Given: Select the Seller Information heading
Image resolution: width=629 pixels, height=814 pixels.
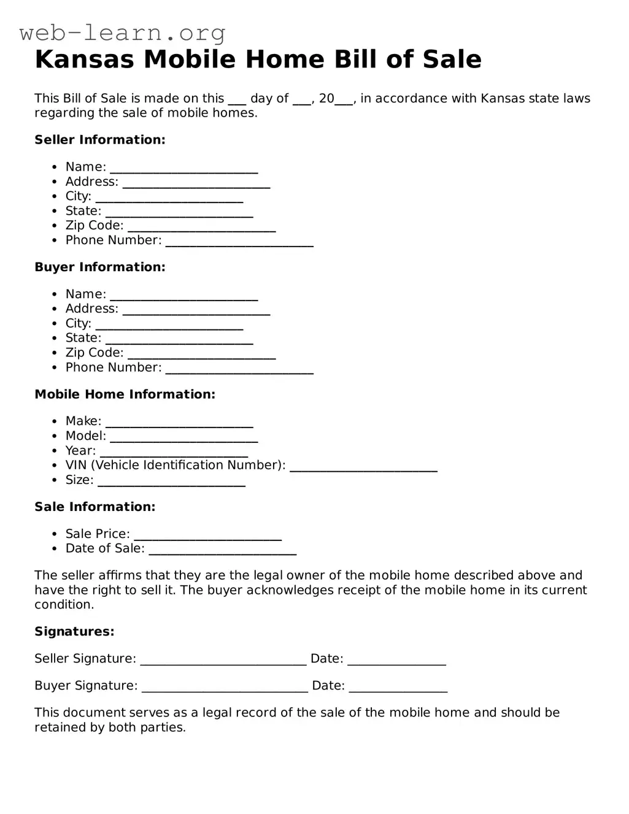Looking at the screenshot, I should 100,140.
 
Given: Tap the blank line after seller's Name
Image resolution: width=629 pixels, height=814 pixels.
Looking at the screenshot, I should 184,168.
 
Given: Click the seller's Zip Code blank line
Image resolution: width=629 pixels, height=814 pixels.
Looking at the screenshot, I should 202,227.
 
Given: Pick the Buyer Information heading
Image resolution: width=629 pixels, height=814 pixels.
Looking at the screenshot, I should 100,267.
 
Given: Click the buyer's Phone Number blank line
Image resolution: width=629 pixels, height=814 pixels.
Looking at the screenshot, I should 239,369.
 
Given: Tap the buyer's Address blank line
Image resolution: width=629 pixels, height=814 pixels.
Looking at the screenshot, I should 196,310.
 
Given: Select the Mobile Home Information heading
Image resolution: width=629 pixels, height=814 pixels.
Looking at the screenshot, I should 125,394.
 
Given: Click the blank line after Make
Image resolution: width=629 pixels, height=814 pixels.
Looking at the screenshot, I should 179,422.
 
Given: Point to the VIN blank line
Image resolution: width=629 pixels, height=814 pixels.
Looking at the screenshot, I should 363,466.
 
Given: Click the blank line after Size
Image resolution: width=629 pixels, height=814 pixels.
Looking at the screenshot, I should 172,481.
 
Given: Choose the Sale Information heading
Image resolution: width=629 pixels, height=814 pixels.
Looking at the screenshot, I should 95,507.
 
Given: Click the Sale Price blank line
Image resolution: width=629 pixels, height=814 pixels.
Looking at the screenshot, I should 208,535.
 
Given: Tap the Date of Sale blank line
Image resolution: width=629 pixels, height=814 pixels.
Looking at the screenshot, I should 223,550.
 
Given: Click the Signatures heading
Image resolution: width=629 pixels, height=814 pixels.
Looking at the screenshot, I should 74,632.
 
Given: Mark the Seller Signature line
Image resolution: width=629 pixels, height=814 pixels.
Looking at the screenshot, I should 223,659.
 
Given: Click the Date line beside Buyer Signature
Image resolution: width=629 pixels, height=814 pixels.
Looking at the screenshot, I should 398,687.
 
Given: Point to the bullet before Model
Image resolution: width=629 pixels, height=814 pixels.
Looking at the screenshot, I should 55,436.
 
